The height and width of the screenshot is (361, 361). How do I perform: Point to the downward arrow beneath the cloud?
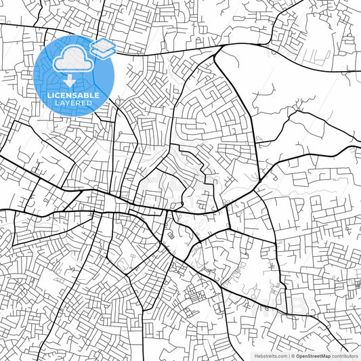pos(69,81)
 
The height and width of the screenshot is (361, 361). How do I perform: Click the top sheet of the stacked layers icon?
pos(103,45)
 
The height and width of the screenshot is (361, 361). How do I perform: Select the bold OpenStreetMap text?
pos(313,356)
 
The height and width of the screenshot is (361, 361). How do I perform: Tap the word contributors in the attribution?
pos(345,356)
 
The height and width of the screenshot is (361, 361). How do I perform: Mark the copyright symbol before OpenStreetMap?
pos(293,356)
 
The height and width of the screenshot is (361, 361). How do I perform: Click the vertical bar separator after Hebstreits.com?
pos(289,356)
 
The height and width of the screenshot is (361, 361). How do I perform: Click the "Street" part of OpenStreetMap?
pos(315,356)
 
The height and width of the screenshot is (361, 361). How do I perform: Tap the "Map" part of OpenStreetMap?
pos(326,356)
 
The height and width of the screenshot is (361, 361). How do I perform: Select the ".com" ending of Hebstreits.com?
pos(281,356)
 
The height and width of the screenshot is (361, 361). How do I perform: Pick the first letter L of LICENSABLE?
pos(49,95)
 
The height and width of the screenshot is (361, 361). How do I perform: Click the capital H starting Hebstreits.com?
pos(256,356)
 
